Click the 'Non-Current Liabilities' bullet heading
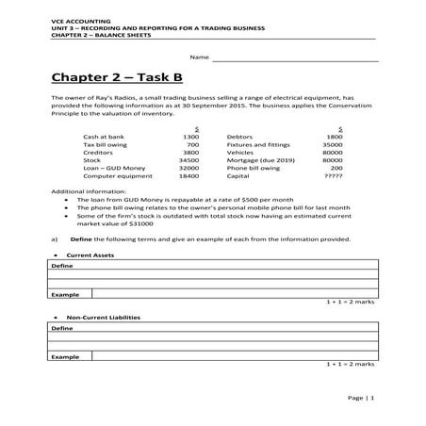coord(104,318)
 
